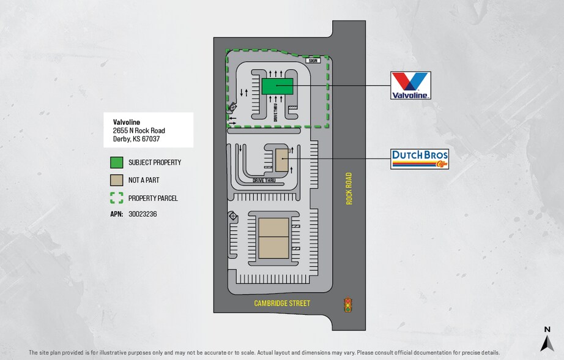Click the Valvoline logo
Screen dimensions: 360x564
411,85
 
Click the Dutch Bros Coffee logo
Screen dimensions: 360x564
420,159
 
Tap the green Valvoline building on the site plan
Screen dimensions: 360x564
277,86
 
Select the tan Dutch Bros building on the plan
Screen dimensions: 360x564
281,160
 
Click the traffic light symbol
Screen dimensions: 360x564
347,304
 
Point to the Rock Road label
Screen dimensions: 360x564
349,189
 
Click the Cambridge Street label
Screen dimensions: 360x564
282,304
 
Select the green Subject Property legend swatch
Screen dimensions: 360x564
116,163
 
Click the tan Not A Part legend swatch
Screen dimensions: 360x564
116,181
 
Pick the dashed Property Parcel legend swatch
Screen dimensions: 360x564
116,198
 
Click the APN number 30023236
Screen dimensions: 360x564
142,214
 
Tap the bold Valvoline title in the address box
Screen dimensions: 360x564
127,122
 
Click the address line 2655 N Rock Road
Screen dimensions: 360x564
139,131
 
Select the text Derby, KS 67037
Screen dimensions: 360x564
136,140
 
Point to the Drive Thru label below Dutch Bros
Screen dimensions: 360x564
263,181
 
